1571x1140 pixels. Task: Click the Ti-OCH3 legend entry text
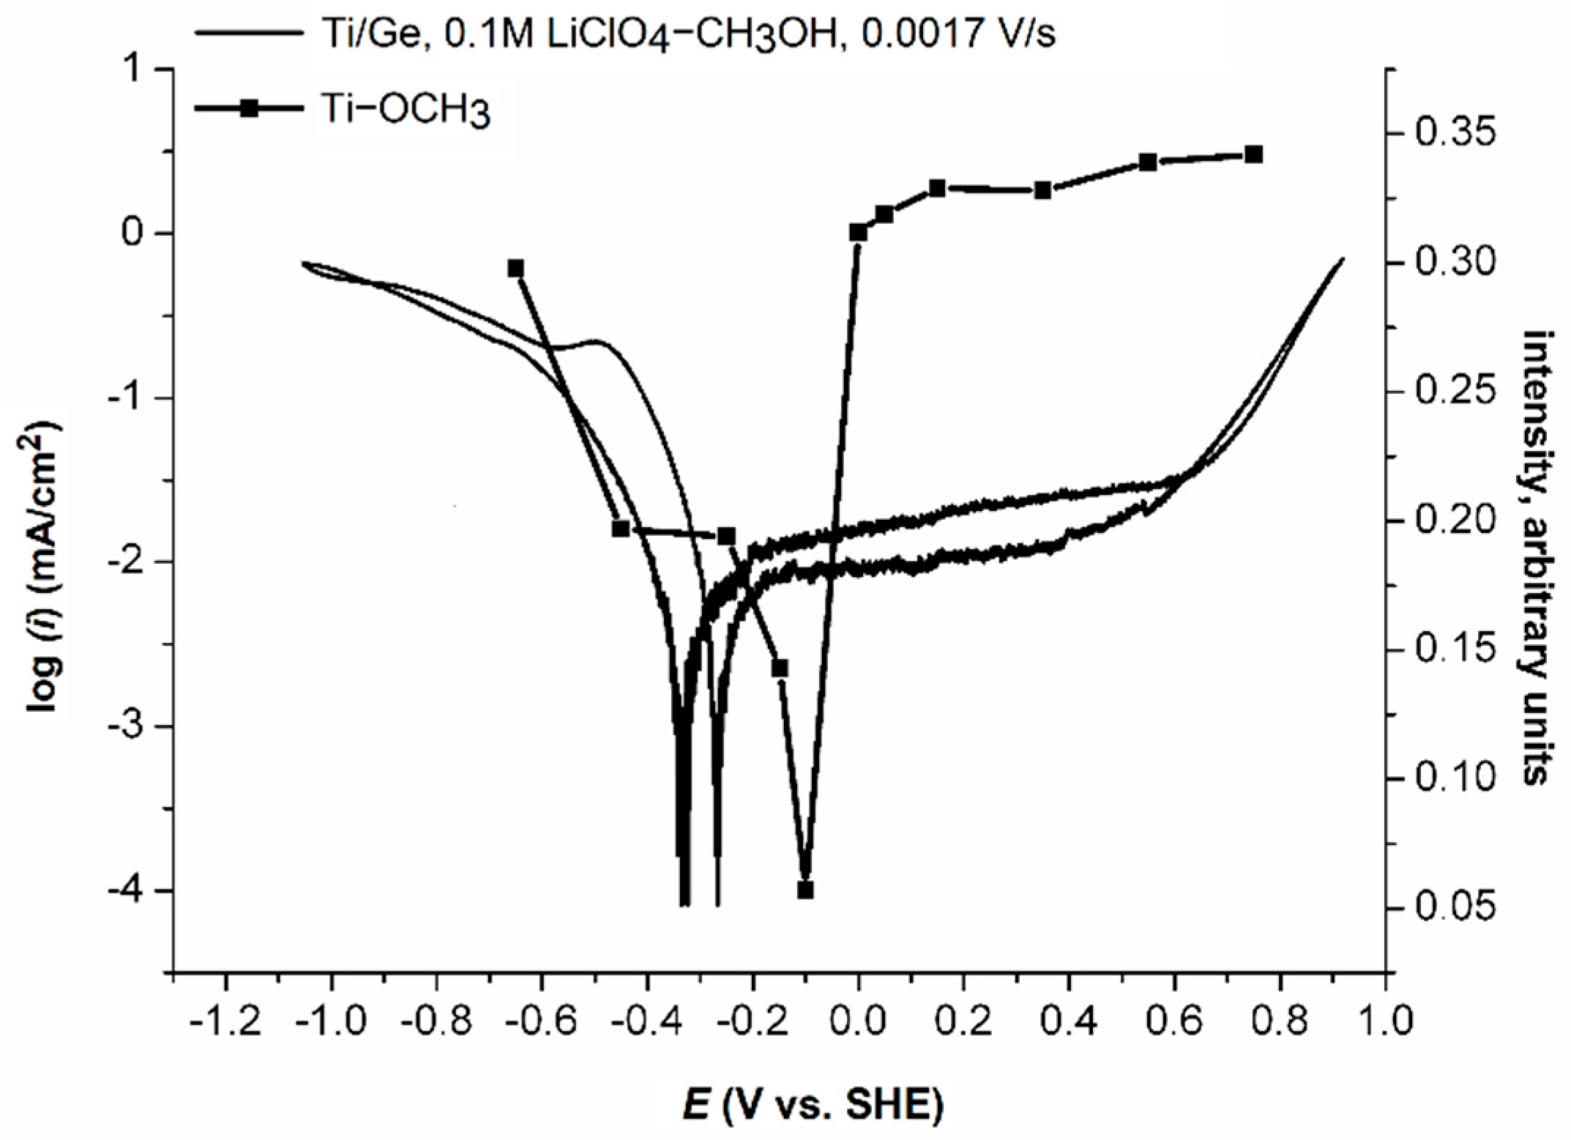[407, 111]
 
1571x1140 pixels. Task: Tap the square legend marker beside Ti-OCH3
[250, 108]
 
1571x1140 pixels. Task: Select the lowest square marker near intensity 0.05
[805, 890]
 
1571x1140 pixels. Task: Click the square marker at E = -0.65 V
[515, 268]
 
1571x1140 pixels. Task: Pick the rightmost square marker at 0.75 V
[1253, 154]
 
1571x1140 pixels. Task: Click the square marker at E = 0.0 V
[858, 232]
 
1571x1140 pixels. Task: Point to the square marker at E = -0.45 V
[621, 529]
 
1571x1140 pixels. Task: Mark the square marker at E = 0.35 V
[1043, 190]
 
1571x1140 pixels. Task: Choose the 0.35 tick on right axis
[1446, 135]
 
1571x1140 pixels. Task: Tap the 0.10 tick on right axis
[1446, 778]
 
